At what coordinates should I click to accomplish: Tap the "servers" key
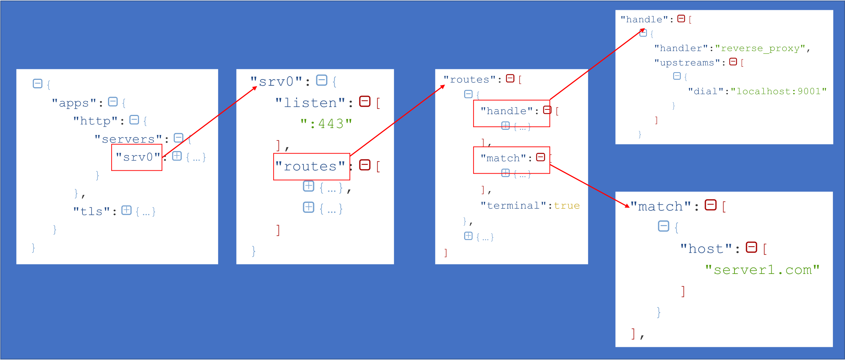128,139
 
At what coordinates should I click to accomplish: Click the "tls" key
92,212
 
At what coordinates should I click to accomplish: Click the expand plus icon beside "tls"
127,210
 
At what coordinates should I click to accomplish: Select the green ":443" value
326,124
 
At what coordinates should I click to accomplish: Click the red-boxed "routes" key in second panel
310,166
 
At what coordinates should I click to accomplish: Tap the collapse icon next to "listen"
365,101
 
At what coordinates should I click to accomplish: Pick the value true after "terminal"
567,206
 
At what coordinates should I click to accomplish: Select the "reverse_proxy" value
760,49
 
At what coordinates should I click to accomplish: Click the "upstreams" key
687,63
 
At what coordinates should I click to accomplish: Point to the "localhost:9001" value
779,91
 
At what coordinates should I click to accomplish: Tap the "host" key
706,249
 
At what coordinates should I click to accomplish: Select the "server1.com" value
763,270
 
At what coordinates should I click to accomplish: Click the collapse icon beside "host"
752,247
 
